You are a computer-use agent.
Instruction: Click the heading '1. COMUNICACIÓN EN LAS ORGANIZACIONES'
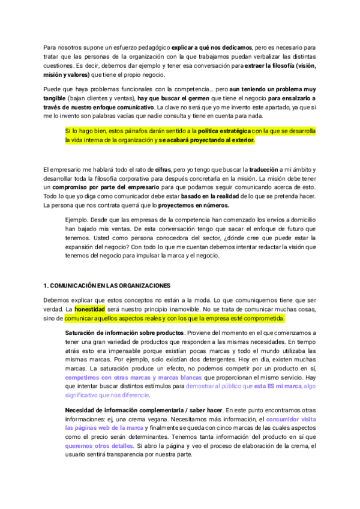coord(107,285)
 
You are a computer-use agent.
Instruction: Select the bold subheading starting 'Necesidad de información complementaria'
coord(134,409)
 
